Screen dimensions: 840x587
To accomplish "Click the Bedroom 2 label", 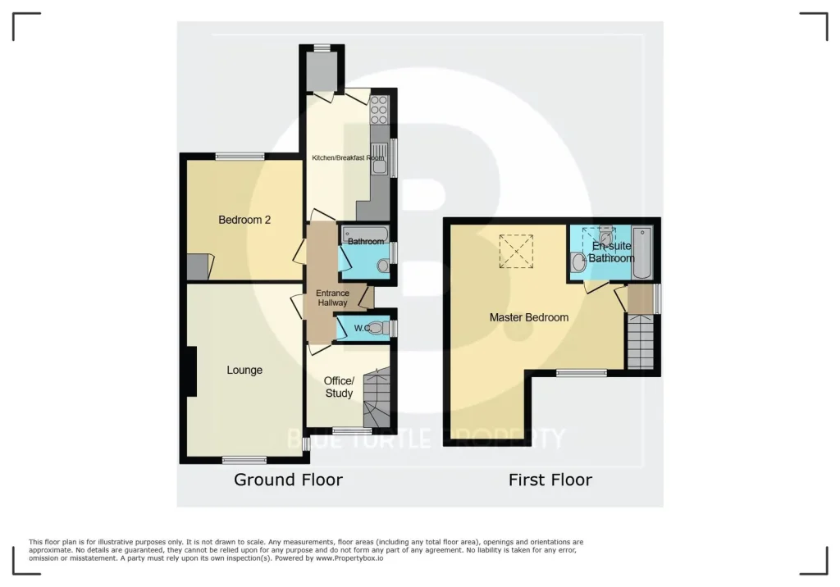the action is [244, 220].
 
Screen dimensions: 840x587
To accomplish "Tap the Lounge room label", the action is [244, 370].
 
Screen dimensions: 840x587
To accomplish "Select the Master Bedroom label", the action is [529, 317].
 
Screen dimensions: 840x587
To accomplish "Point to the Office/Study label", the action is [339, 387].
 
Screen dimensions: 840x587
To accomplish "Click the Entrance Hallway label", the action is [332, 298].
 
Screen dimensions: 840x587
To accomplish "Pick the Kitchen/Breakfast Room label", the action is [348, 157].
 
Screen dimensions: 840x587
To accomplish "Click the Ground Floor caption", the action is [288, 480].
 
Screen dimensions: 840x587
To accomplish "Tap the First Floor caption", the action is [550, 480].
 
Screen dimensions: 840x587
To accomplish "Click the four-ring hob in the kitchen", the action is [379, 109].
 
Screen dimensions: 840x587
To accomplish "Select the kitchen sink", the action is [380, 159].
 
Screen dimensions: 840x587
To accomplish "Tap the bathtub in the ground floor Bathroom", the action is [364, 234].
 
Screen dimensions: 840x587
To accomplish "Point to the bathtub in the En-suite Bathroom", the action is [641, 253].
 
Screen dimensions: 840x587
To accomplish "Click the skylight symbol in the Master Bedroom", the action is [516, 251].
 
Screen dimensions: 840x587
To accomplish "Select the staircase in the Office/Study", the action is [377, 398].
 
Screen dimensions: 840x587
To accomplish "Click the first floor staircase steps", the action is [640, 341].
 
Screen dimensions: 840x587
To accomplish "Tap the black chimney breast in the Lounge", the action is [191, 371].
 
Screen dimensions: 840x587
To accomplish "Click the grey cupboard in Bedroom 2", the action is [200, 266].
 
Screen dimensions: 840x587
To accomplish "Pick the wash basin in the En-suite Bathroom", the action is [578, 262].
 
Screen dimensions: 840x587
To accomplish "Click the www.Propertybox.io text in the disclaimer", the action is [349, 558].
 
